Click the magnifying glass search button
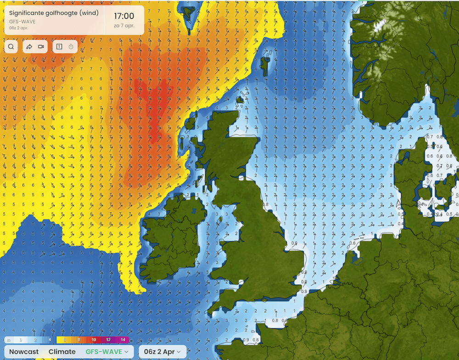[x=11, y=47]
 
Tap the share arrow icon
[x=29, y=47]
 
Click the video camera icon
[x=41, y=47]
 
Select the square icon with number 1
[x=59, y=47]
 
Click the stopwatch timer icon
[x=71, y=47]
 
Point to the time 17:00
[x=124, y=16]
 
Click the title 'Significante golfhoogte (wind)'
[x=54, y=13]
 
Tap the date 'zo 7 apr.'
[x=124, y=26]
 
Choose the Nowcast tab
[x=24, y=352]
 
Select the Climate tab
[x=62, y=352]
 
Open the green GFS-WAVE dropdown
[x=107, y=352]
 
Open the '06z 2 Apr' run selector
[x=162, y=352]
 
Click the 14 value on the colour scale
[x=123, y=340]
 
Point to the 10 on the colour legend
[x=94, y=340]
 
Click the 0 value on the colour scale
[x=20, y=340]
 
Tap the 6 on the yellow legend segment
[x=64, y=340]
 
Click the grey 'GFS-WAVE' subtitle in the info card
[x=22, y=21]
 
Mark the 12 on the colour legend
[x=108, y=340]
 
